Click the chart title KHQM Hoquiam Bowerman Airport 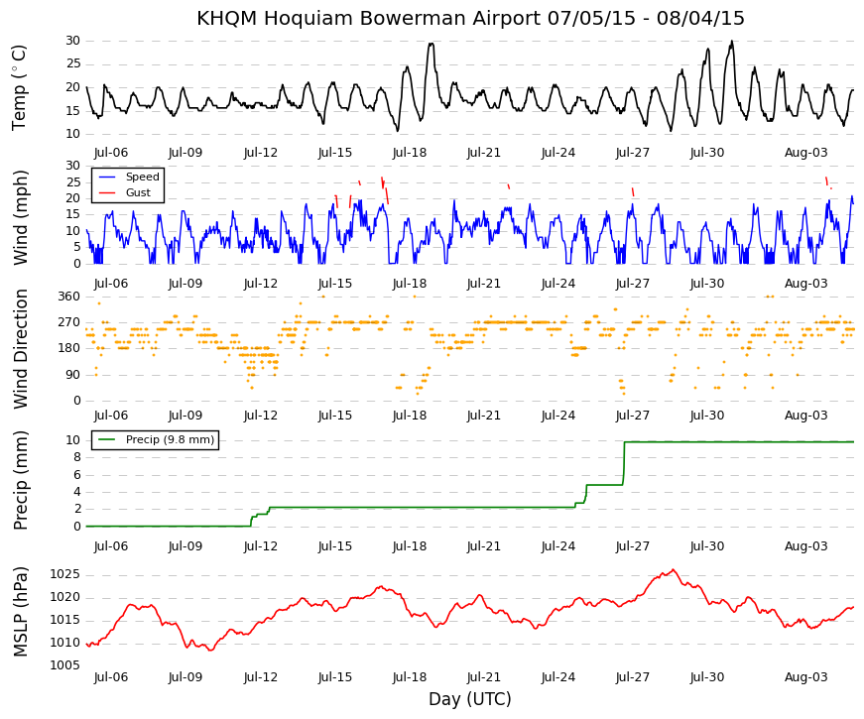point(369,18)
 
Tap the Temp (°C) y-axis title point(19,87)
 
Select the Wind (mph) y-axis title point(20,217)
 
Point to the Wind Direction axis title point(20,349)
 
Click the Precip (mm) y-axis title point(20,480)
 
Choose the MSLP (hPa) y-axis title point(20,612)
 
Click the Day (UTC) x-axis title point(470,699)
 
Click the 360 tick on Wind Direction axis point(68,297)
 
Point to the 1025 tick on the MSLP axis point(65,574)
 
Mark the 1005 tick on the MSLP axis point(65,665)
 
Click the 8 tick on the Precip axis point(76,457)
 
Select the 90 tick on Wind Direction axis point(72,375)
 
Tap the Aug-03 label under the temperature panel point(806,153)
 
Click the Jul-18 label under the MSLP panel point(410,677)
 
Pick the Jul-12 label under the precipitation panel point(261,546)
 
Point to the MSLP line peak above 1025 point(673,569)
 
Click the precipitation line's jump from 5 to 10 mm point(624,463)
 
